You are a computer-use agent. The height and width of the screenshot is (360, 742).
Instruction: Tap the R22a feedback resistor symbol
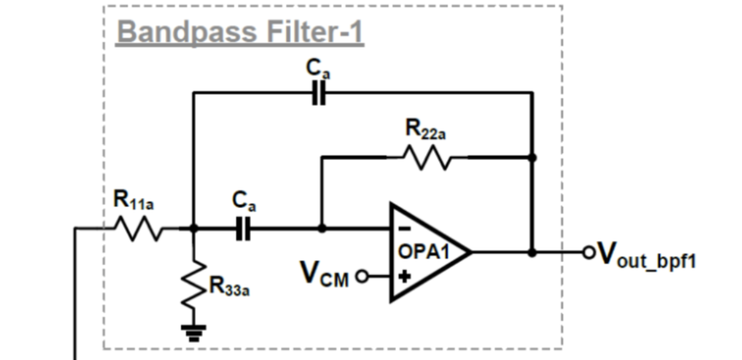[x=426, y=157]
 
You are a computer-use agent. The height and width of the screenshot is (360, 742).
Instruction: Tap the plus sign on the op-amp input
[x=404, y=276]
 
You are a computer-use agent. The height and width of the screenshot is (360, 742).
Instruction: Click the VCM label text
[x=324, y=274]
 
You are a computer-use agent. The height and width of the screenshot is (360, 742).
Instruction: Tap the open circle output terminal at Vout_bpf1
[x=589, y=253]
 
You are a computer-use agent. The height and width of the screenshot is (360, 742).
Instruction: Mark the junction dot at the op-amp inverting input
[x=321, y=230]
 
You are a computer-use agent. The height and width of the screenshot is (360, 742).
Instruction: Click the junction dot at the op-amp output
[x=532, y=253]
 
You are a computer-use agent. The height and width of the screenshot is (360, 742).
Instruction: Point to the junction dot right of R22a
[x=532, y=157]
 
